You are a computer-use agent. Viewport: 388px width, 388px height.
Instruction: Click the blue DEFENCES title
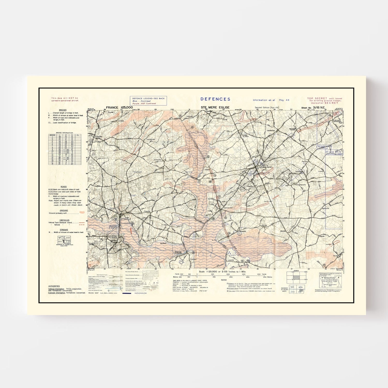pos(215,99)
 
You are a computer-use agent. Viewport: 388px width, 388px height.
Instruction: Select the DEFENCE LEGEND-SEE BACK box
pos(148,101)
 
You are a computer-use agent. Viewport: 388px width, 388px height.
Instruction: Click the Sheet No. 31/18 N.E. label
pos(313,108)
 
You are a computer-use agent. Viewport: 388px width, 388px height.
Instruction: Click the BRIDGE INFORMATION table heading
pos(65,133)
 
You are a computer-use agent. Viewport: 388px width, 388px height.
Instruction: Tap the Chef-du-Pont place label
pos(228,208)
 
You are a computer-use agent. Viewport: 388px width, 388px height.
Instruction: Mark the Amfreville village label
pos(157,160)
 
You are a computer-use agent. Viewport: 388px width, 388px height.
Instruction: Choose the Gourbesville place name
pos(151,139)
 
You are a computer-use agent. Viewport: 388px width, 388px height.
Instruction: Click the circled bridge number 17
pos(324,265)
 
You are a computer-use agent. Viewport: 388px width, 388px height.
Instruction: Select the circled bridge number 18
pos(330,115)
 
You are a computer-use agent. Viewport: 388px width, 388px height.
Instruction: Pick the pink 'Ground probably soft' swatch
pos(82,213)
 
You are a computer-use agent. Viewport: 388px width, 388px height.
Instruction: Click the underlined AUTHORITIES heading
pos(54,286)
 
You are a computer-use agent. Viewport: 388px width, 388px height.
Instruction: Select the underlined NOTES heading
pos(224,280)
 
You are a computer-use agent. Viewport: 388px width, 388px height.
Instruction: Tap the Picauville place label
pos(147,211)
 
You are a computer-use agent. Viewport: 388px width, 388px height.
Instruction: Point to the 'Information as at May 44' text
pos(271,100)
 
